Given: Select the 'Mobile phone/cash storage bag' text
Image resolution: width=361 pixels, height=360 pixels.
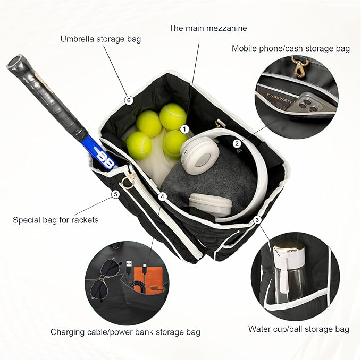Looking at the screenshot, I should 290,48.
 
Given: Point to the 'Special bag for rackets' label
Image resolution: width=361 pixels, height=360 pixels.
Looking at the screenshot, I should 56,219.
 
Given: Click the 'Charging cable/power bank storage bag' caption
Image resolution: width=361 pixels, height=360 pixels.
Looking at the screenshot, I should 125,332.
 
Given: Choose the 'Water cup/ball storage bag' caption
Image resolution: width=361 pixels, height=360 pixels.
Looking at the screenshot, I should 298,329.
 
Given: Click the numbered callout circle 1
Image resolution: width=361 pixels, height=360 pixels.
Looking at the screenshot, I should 184,128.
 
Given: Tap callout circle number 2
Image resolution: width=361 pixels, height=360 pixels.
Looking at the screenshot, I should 237,143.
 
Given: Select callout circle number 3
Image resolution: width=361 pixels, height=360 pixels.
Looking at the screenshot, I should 257,219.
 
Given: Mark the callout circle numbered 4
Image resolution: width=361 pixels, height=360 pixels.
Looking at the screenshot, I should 163,196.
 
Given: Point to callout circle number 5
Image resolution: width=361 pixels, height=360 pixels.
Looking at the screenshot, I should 115,194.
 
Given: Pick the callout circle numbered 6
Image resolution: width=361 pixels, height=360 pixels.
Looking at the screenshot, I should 128,99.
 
